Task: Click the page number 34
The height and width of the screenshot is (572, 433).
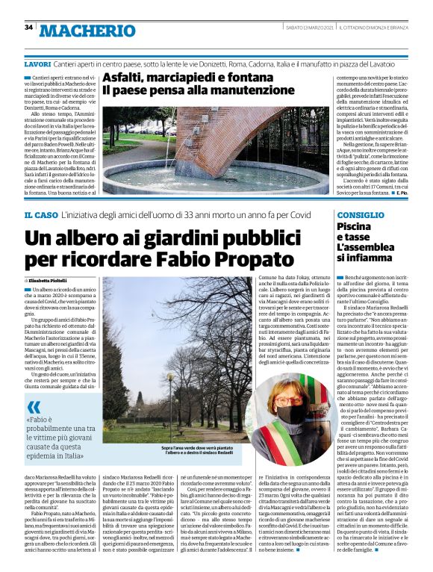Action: (x=28, y=28)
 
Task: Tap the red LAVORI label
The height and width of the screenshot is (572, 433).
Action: (x=37, y=65)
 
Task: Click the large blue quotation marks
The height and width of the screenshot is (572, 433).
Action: (x=34, y=407)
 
